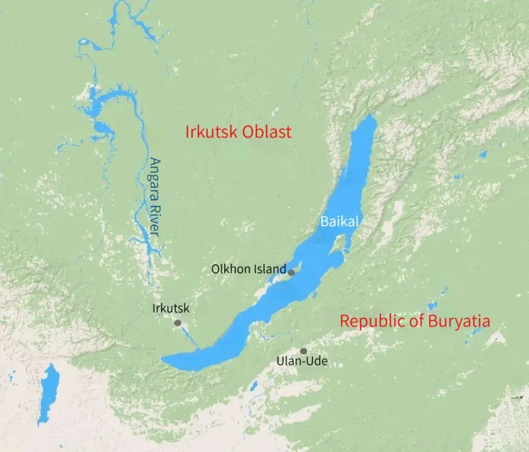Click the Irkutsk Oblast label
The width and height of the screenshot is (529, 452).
tap(239, 132)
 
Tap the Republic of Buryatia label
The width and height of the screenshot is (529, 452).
tap(415, 321)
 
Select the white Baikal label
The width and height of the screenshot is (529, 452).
tap(339, 221)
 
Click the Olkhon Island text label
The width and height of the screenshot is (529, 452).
tap(248, 269)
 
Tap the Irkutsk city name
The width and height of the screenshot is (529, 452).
tap(171, 309)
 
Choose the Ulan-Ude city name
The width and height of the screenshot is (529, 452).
tap(302, 361)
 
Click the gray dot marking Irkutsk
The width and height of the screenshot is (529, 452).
tap(178, 323)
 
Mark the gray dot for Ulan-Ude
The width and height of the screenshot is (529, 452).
tap(303, 351)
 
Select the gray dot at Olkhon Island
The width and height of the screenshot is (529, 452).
tap(291, 273)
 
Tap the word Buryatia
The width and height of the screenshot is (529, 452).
tap(459, 321)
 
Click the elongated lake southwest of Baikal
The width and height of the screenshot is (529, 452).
tap(49, 393)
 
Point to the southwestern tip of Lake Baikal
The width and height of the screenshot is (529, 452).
tap(164, 360)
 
